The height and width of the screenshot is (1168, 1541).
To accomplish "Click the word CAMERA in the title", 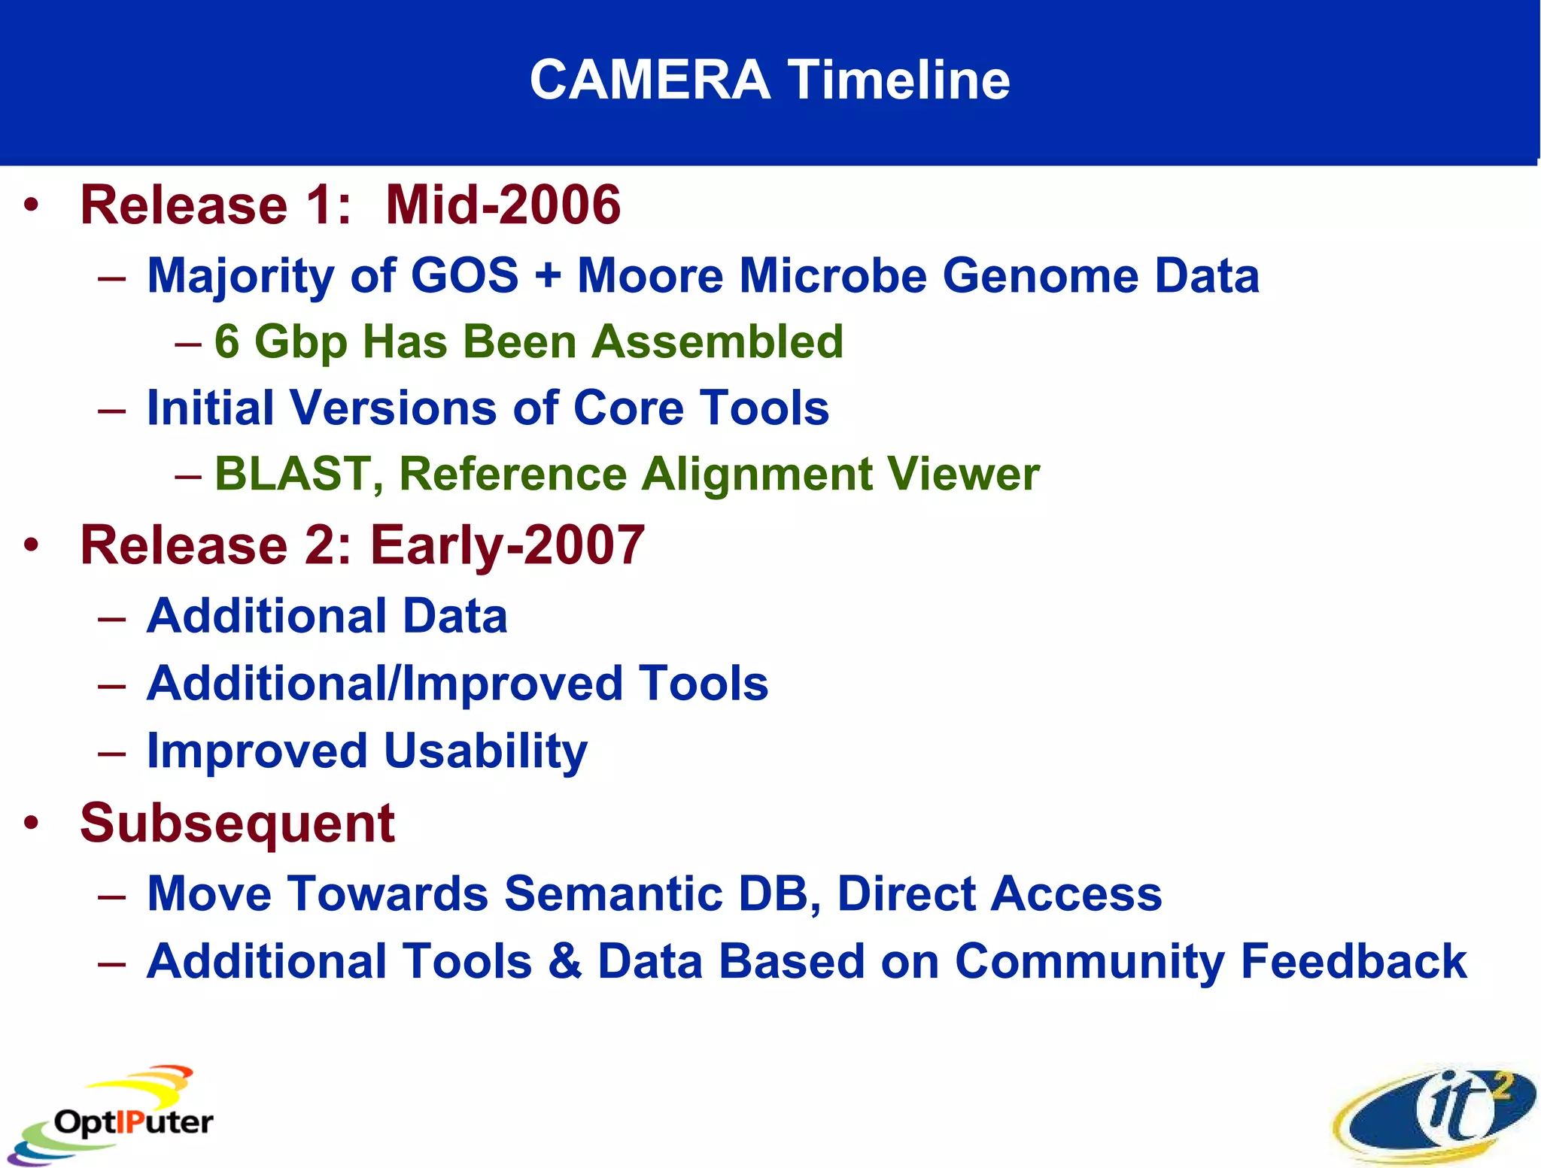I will point(649,80).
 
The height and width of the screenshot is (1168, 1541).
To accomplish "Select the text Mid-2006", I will point(503,205).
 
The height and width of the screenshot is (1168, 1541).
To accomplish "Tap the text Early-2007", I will point(507,545).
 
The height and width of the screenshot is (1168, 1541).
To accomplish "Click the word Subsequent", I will point(237,824).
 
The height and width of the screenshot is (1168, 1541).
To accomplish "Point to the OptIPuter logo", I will point(113,1117).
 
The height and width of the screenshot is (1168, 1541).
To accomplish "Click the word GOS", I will point(464,275).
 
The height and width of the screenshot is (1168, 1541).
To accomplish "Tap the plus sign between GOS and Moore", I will point(548,275).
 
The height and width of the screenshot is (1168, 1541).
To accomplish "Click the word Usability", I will point(485,751).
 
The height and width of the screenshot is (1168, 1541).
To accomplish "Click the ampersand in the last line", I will point(564,961).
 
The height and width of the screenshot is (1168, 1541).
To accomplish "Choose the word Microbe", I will point(834,275).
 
